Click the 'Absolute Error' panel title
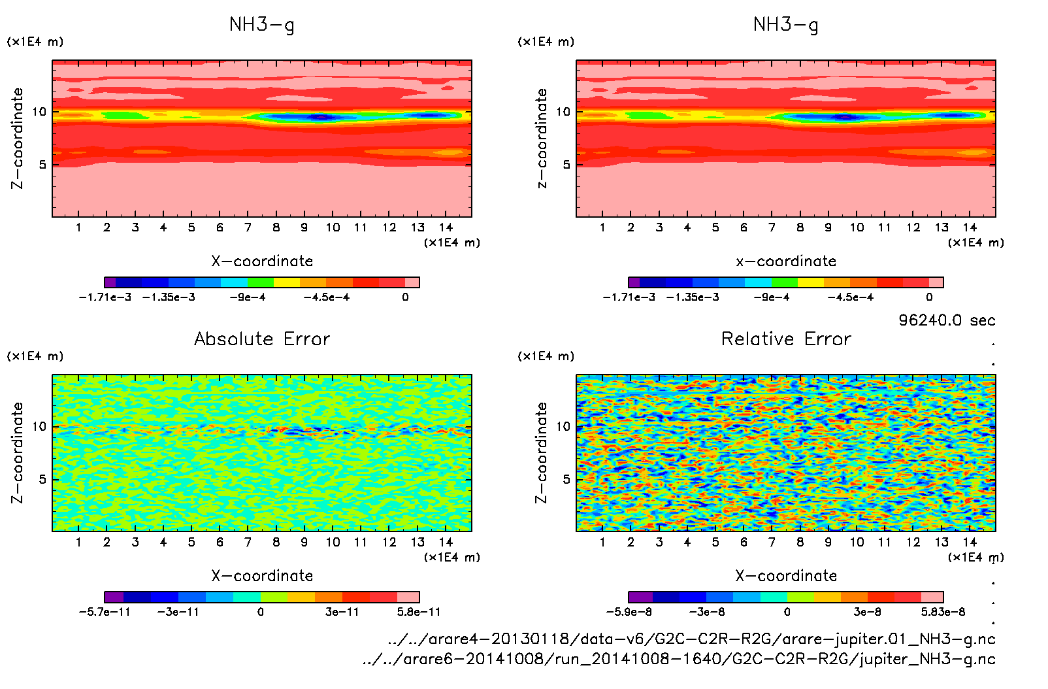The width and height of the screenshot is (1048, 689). pos(262,339)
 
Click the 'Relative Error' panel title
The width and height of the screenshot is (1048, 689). pos(786,339)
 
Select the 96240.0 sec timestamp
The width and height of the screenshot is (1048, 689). pos(947,320)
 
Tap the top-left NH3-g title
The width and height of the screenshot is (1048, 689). pos(261,25)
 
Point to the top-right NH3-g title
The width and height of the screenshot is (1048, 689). pos(785,25)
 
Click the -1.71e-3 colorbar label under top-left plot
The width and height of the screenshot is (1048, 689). pos(105,297)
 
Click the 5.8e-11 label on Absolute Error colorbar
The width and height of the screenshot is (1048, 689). pos(418,613)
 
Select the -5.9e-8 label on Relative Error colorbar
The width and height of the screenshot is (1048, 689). pos(629,613)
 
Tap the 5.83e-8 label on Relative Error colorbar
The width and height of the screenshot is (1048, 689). pos(943,613)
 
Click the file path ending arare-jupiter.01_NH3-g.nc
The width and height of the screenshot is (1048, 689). pos(691,639)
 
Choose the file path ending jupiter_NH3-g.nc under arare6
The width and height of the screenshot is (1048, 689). pos(679,659)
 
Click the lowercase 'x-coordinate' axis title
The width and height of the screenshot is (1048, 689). pos(786,261)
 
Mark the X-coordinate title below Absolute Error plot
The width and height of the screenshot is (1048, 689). pos(262,576)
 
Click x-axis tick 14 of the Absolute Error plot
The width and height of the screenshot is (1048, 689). pos(446,542)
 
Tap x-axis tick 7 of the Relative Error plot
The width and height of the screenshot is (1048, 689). pos(772,542)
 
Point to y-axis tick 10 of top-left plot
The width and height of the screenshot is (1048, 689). pos(40,112)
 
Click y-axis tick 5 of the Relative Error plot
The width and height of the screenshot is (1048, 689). pos(566,479)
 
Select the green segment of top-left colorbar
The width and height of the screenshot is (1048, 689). pos(261,282)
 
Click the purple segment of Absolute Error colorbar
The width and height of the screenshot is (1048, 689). pos(114,597)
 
